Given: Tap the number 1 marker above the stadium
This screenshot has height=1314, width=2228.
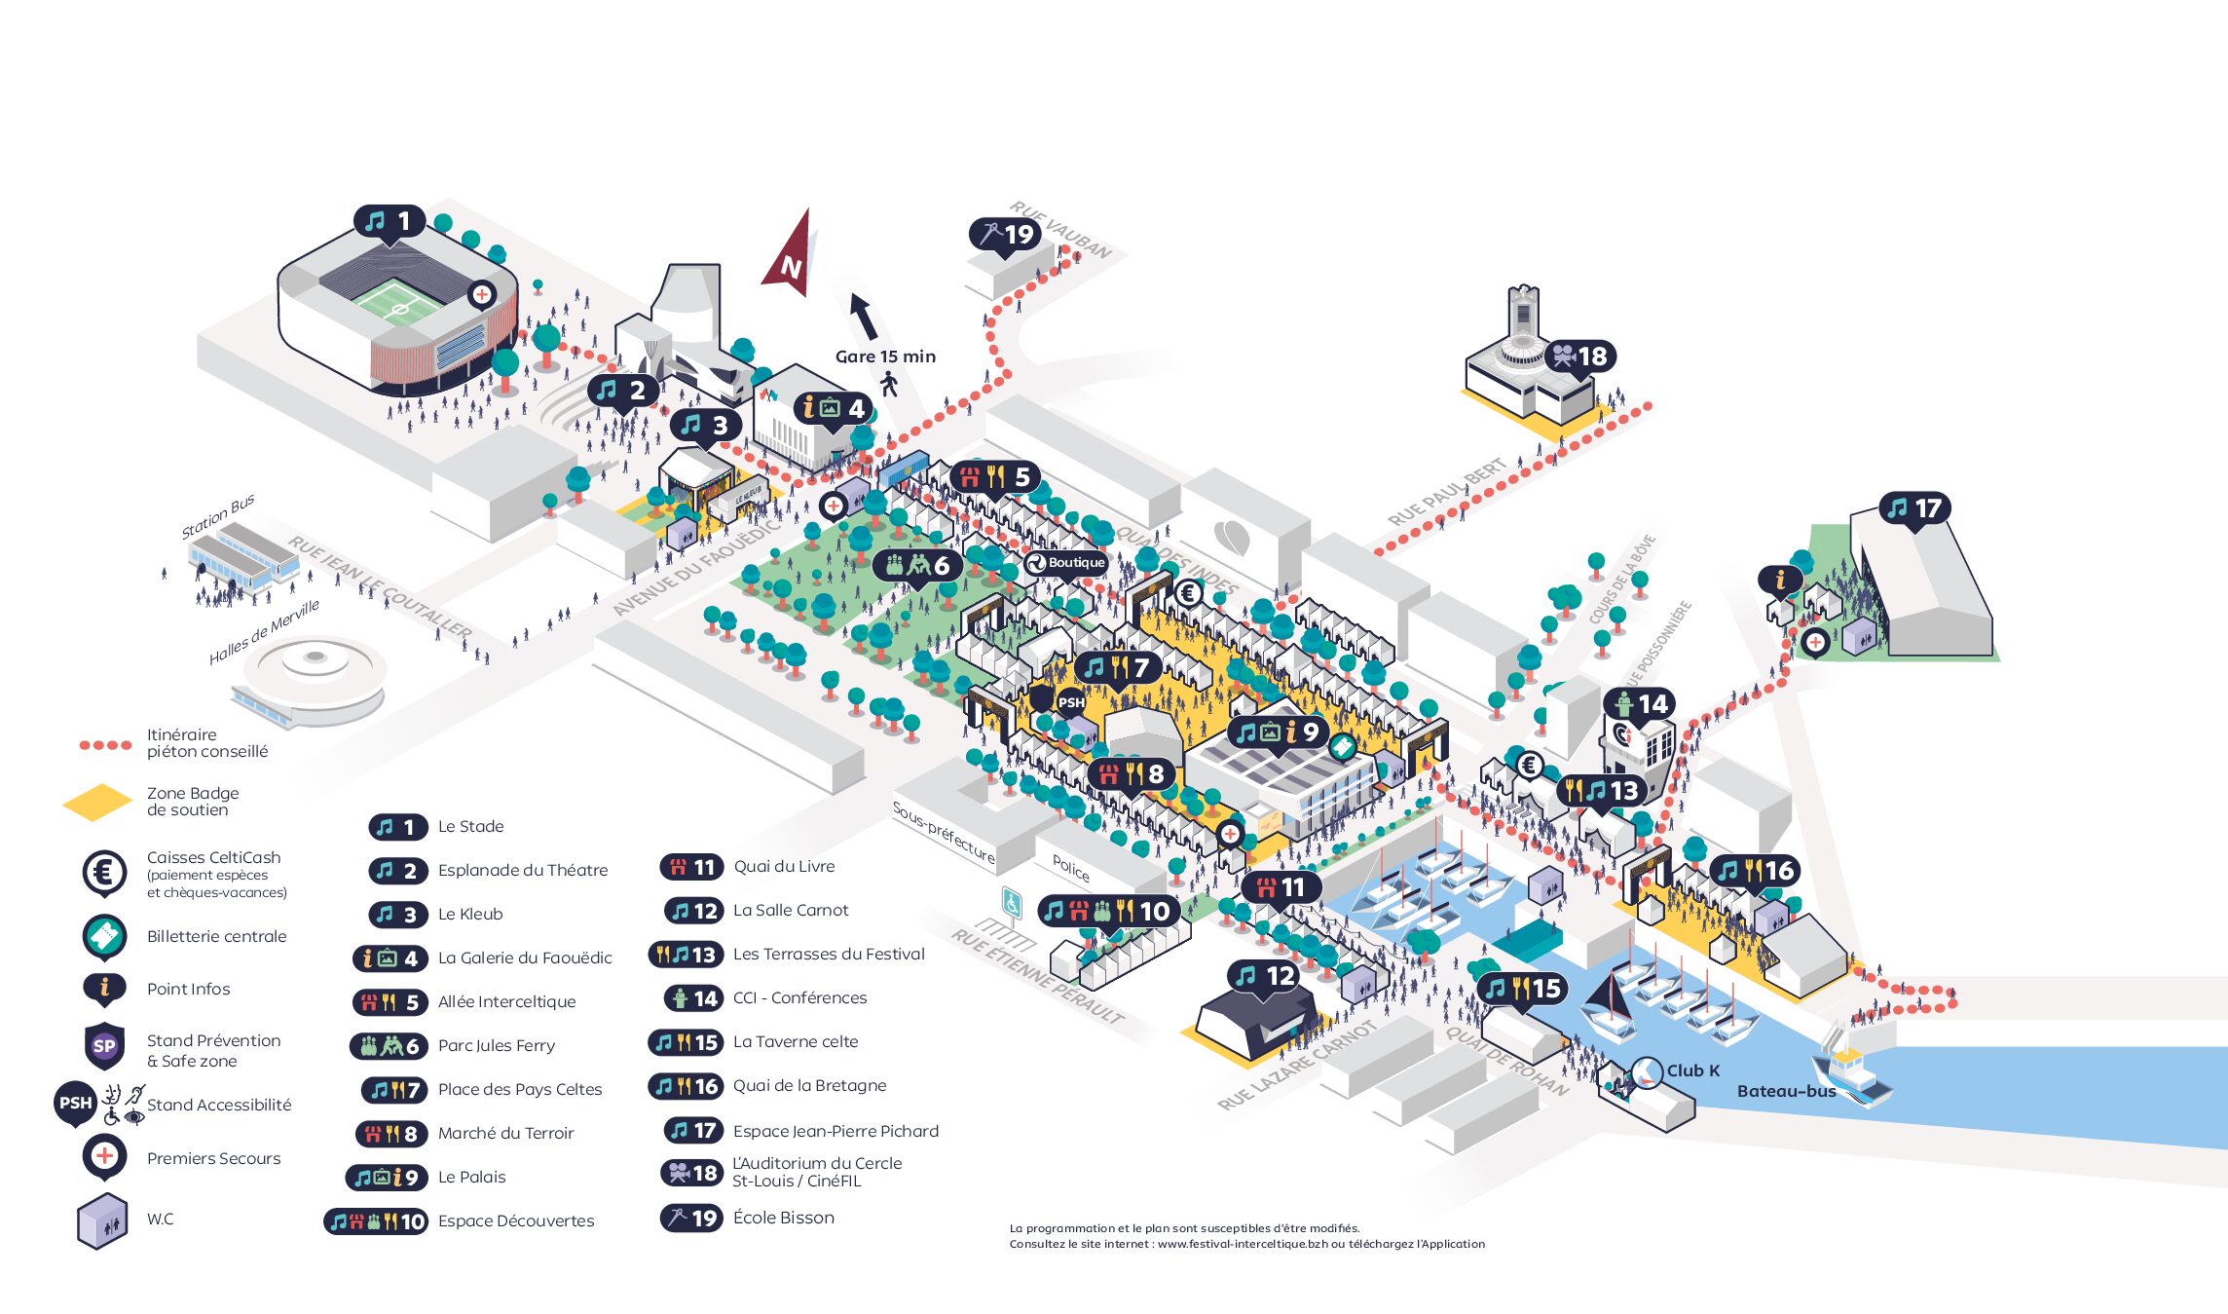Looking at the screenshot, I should [390, 222].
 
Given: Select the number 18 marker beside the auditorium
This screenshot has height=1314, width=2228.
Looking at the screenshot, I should [1579, 357].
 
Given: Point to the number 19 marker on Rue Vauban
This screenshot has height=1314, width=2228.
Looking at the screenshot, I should [1006, 234].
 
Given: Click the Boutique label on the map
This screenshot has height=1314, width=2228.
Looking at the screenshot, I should [1066, 563].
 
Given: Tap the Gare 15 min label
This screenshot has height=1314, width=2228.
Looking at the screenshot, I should [885, 357].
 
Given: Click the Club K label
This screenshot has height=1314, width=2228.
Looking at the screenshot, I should [1692, 1070].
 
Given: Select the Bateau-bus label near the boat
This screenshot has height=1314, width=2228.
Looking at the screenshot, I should [1786, 1091].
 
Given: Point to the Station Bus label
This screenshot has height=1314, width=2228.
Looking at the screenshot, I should [218, 516].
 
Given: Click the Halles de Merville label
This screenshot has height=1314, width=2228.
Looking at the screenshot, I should [264, 631].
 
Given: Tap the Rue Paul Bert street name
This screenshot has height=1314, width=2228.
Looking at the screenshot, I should [1446, 492].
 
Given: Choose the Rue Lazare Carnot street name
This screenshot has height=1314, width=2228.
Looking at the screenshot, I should [1296, 1066].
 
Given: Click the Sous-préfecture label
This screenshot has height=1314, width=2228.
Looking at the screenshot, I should [944, 833].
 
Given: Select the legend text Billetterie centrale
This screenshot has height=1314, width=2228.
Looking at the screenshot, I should [216, 936].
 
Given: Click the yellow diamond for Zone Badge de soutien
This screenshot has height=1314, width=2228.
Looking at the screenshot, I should [97, 802].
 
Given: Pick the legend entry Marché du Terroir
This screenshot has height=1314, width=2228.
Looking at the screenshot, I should [505, 1133].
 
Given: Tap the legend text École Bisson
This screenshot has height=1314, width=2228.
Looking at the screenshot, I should [783, 1218].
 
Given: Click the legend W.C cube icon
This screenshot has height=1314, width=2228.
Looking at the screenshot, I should [102, 1220].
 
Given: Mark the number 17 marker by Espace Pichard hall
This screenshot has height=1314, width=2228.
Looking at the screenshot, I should [1914, 508].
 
